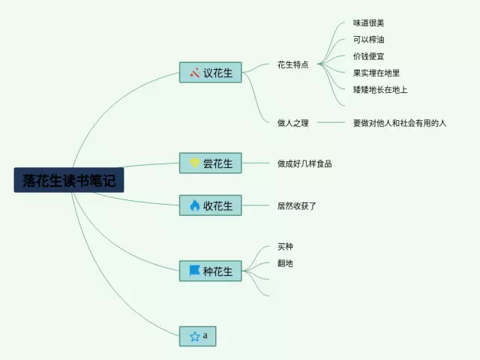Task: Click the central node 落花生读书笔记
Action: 69,180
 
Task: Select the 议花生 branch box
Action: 210,73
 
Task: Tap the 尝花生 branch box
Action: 210,163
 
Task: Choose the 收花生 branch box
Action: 210,205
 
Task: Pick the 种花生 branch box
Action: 210,271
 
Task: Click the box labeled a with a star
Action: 198,336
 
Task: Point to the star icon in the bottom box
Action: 194,337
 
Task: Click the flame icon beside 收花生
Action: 194,205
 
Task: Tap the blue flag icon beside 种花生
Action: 194,271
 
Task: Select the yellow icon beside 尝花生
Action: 194,163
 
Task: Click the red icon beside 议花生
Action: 194,73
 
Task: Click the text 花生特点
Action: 292,64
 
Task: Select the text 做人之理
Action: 292,122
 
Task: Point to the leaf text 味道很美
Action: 368,23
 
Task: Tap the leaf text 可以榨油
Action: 368,40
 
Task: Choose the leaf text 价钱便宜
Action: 368,56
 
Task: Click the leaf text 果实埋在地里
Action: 376,73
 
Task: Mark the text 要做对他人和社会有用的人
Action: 399,122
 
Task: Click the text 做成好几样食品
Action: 304,163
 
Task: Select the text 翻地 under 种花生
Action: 284,262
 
